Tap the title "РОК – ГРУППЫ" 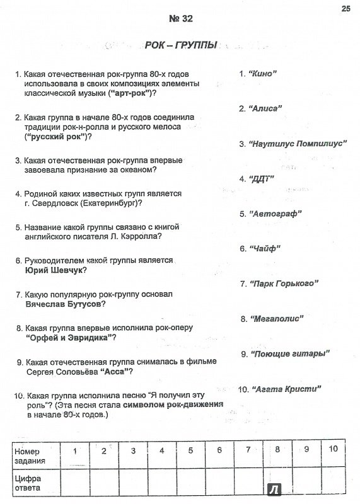pyautogui.click(x=181, y=45)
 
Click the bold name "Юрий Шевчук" pyautogui.click(x=56, y=270)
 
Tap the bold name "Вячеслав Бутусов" pyautogui.click(x=66, y=304)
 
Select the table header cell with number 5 pyautogui.click(x=190, y=450)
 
